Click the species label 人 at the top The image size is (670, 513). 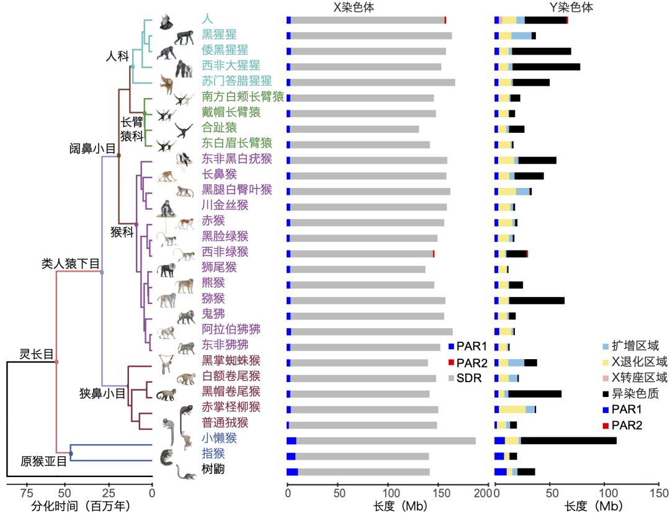coord(207,18)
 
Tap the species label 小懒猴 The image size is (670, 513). coord(220,438)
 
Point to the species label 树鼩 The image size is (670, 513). coord(213,470)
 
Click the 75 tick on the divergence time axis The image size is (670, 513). coord(26,494)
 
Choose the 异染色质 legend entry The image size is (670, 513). coord(639,393)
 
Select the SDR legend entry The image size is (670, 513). coord(469,378)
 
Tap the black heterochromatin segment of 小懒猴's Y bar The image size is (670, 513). coord(568,440)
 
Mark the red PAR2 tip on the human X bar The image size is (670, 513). coord(445,20)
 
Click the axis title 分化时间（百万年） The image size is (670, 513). coord(81,506)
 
